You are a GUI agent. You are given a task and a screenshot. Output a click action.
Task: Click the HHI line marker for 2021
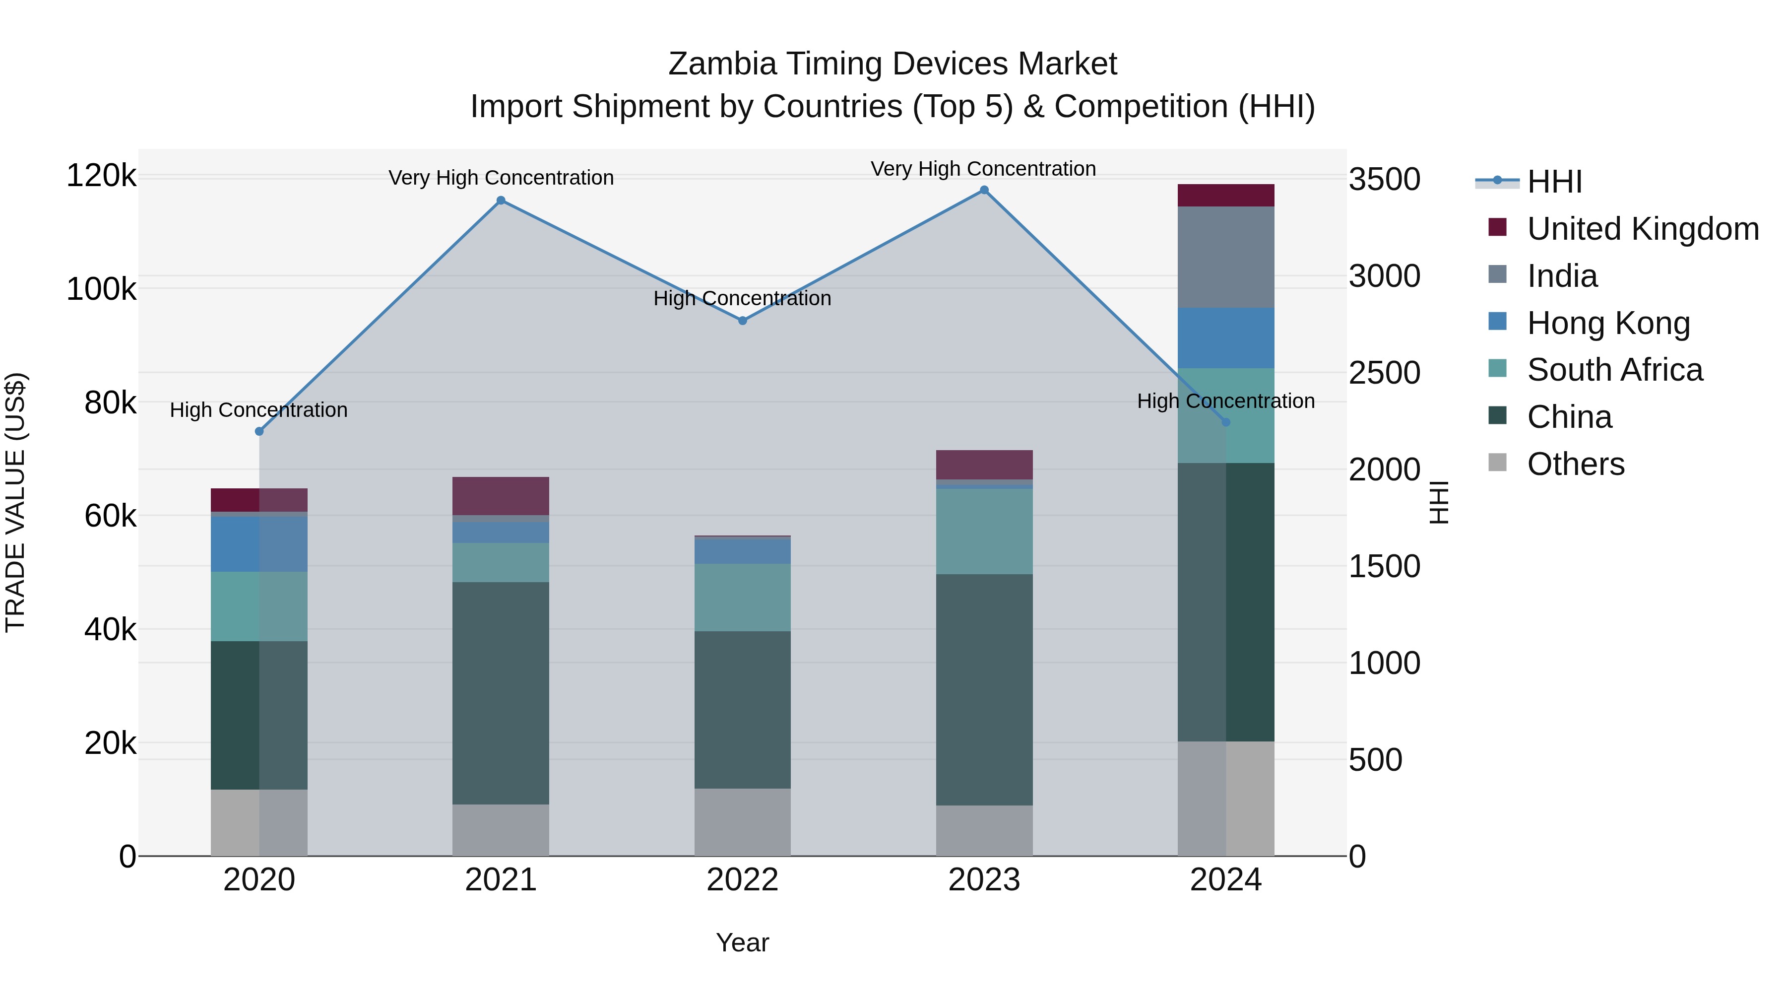(x=501, y=201)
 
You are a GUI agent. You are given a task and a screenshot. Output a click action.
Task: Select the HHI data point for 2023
(x=984, y=190)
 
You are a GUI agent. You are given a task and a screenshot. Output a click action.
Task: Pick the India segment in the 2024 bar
(x=1226, y=257)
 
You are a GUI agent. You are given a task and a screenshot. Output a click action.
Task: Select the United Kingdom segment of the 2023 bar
(x=984, y=464)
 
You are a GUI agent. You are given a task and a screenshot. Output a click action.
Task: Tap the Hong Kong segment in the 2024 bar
(x=1226, y=338)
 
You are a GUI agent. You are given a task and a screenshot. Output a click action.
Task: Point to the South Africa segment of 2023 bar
(x=984, y=531)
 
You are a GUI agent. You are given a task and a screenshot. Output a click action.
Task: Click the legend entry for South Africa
(x=1614, y=370)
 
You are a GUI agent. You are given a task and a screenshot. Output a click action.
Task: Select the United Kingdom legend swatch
(x=1498, y=227)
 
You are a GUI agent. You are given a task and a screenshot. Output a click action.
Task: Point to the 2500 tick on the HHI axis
(x=1384, y=373)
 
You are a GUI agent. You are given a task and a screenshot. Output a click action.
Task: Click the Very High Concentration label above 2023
(x=983, y=169)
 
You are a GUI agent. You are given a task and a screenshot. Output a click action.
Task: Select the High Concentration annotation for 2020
(x=258, y=410)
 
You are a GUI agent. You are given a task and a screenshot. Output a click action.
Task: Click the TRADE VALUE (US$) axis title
(x=15, y=502)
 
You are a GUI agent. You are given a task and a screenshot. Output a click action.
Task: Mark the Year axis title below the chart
(x=742, y=942)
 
